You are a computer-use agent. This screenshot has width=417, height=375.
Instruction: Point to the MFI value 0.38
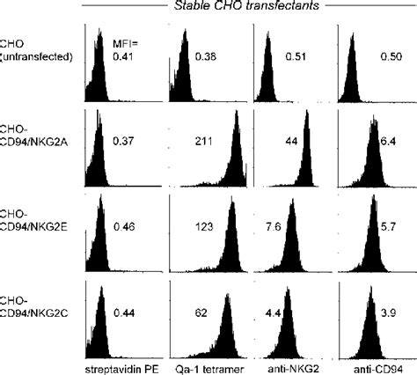coord(205,58)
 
